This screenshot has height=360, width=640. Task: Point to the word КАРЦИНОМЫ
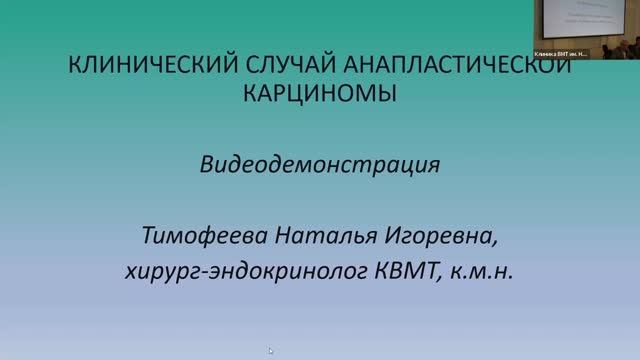coord(320,96)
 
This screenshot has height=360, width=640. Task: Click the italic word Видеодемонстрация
coord(320,164)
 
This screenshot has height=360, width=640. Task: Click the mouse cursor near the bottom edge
coord(271,350)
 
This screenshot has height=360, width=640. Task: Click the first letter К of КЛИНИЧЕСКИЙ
coord(71,67)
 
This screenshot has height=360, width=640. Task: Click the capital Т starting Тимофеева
coord(150,238)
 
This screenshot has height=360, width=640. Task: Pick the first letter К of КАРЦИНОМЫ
coord(250,96)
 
